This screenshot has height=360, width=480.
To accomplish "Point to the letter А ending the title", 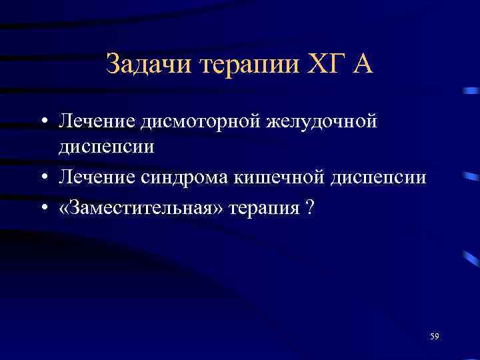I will (x=361, y=65).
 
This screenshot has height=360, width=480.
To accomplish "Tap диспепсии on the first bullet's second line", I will (x=107, y=145).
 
